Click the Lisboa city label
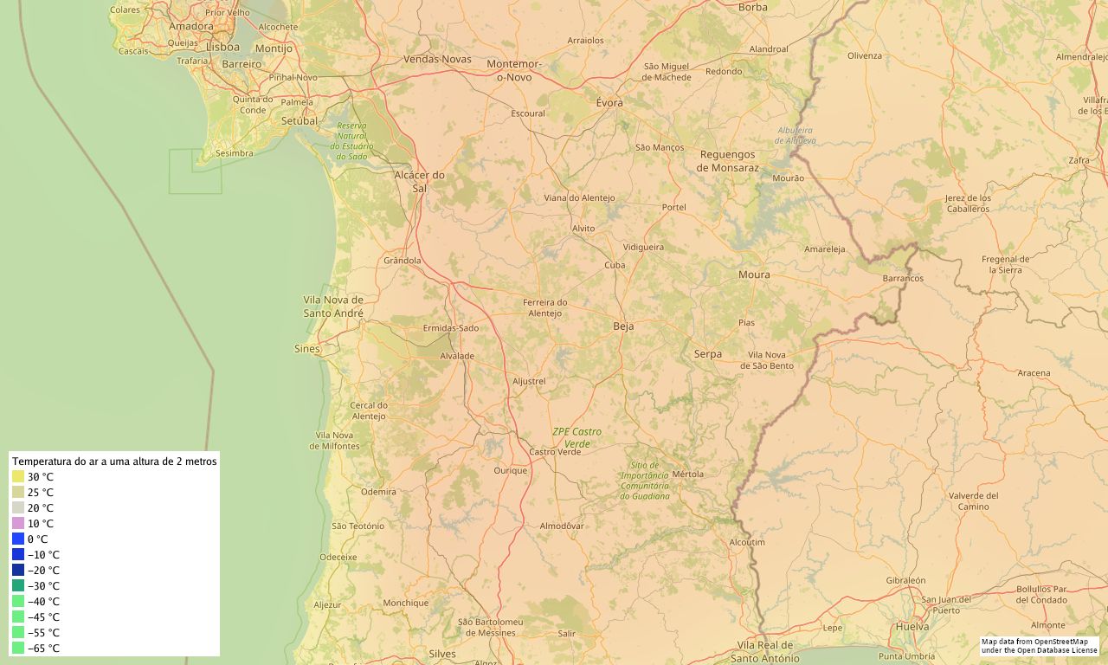coord(223,47)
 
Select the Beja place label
coord(623,326)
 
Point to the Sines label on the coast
coord(307,349)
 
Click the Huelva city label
coord(913,626)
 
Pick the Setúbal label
coord(300,120)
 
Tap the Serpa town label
coord(708,353)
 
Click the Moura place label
coord(754,274)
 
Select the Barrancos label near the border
coord(903,279)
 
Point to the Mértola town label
coord(688,474)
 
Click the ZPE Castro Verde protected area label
coord(577,437)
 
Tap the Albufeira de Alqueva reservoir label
coord(795,135)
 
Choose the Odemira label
coord(378,491)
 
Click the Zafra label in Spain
coord(1079,160)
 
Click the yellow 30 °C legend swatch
coord(18,476)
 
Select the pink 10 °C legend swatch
coord(18,523)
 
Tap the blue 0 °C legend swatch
coord(18,539)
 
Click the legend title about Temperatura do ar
coord(114,462)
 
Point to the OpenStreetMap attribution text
coord(1039,645)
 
